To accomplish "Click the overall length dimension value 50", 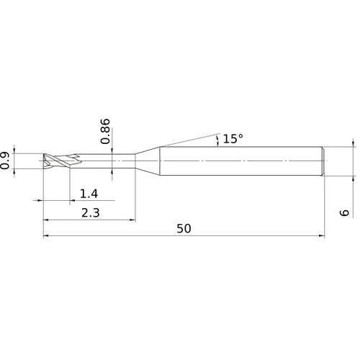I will pos(184,228).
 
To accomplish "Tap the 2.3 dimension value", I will pos(89,212).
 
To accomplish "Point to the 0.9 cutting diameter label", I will pos(6,160).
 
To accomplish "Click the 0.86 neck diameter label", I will pos(106,132).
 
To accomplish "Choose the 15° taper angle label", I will pos(233,138).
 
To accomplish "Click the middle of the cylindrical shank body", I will pos(241,160).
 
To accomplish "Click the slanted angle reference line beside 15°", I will pos(187,139).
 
